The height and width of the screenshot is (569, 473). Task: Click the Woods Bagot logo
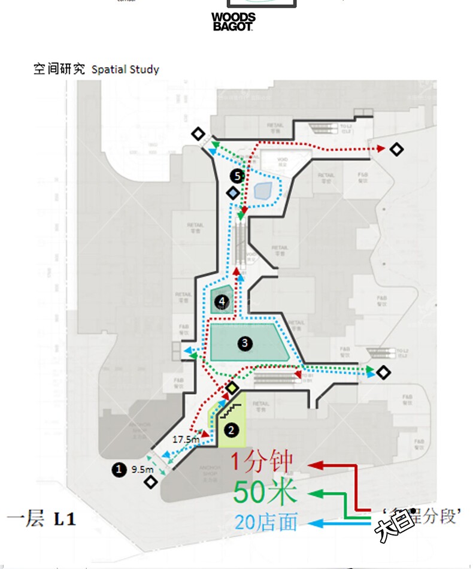coord(234,22)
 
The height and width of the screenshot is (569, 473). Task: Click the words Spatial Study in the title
coord(125,69)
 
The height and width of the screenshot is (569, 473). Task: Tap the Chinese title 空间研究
coord(59,69)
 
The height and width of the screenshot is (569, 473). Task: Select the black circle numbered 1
coord(119,470)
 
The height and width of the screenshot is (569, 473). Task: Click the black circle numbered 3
coord(244,343)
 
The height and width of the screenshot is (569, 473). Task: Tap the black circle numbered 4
coord(223,301)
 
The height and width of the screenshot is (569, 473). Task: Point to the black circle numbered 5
coord(238,176)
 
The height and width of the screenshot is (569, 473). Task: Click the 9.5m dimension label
coord(142,469)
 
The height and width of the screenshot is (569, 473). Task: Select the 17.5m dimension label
coord(185,439)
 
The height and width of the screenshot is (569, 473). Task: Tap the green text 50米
coord(265,493)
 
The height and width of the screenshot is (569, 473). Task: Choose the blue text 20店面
coord(266,522)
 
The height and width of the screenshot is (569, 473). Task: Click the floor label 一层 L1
coord(42,519)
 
